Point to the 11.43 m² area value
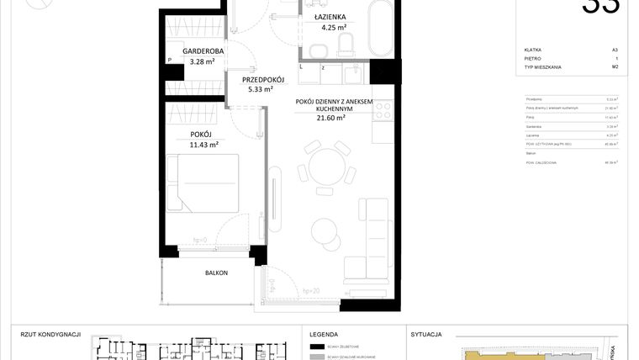pyautogui.click(x=203, y=145)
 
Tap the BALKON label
pyautogui.click(x=216, y=273)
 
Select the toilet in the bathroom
pyautogui.click(x=351, y=40)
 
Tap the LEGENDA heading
pyautogui.click(x=324, y=334)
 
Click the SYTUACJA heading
pyautogui.click(x=427, y=334)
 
